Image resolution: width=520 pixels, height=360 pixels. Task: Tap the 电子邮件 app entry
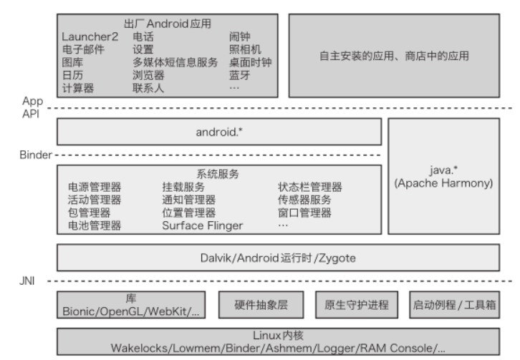[x=82, y=49]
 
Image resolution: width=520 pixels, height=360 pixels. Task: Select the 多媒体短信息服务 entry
[x=175, y=62]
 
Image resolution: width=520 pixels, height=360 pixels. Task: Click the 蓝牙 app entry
[x=239, y=75]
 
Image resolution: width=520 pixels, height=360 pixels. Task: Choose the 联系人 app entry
[x=148, y=88]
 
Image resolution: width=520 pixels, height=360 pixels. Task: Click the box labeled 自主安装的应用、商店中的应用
[x=393, y=55]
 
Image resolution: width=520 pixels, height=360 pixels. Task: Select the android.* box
[x=218, y=132]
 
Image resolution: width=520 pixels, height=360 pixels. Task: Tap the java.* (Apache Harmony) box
[x=443, y=176]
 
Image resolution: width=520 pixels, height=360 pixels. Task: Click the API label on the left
[x=30, y=112]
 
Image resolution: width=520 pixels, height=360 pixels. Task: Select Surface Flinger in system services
[x=202, y=226]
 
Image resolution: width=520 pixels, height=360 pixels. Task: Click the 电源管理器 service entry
[x=94, y=188]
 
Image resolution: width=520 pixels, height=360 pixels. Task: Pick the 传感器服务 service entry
[x=304, y=200]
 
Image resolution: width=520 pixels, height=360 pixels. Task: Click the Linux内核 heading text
[x=278, y=335]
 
